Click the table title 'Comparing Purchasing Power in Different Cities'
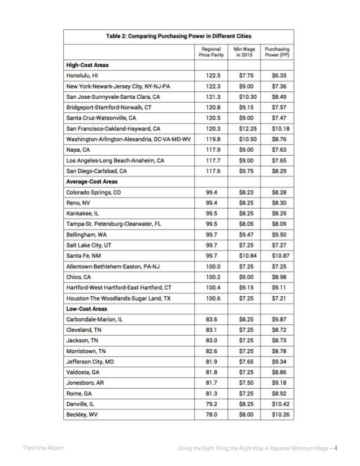click(180, 36)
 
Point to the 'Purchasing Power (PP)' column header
click(278, 51)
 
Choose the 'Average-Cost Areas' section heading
click(92, 182)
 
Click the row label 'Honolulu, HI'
click(83, 76)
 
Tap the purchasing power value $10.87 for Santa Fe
click(278, 255)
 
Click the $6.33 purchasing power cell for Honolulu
click(278, 76)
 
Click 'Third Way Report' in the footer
click(42, 449)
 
